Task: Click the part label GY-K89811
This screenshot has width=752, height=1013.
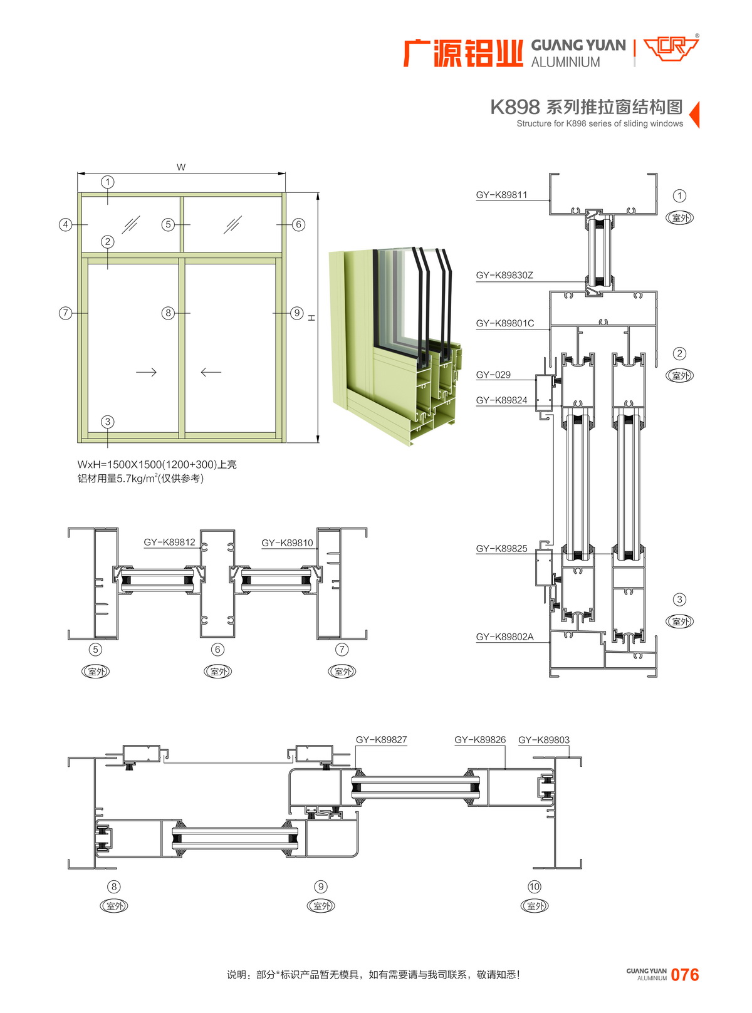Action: (501, 195)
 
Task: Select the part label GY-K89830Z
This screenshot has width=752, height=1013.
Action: (504, 275)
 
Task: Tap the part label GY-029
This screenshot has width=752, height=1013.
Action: (493, 375)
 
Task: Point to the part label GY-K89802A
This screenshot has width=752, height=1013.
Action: (504, 636)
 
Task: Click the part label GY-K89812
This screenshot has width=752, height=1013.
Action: (169, 543)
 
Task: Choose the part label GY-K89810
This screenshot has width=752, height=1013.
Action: (287, 543)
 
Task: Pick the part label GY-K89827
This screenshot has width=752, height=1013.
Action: (381, 740)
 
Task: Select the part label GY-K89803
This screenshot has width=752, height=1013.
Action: (544, 740)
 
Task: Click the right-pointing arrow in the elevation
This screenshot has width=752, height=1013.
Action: (146, 372)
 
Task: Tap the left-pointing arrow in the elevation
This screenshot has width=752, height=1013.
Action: (211, 372)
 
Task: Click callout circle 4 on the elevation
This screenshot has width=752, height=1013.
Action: (66, 224)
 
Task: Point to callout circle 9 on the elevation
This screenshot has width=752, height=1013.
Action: (297, 313)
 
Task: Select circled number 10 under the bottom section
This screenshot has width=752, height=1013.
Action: (534, 886)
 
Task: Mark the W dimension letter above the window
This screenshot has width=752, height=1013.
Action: (181, 167)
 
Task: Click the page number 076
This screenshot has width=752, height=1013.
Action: (684, 975)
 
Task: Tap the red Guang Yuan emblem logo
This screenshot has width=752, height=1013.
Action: (671, 48)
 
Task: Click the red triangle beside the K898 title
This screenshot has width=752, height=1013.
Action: (694, 115)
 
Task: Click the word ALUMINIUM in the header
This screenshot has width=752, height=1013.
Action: (565, 62)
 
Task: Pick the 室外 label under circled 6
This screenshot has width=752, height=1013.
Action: (217, 672)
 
